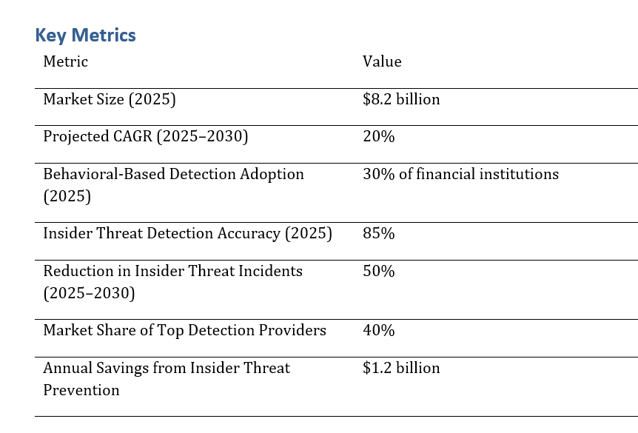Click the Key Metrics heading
[85, 35]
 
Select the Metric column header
[65, 61]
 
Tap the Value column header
[382, 61]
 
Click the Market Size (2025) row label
[110, 99]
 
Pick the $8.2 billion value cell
[401, 99]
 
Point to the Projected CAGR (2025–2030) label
[146, 137]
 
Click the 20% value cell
[378, 137]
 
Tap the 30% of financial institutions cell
[460, 174]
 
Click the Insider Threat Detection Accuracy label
[187, 233]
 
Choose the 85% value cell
[378, 233]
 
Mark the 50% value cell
[378, 271]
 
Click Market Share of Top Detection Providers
[184, 330]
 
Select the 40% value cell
[378, 330]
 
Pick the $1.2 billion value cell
[401, 368]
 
